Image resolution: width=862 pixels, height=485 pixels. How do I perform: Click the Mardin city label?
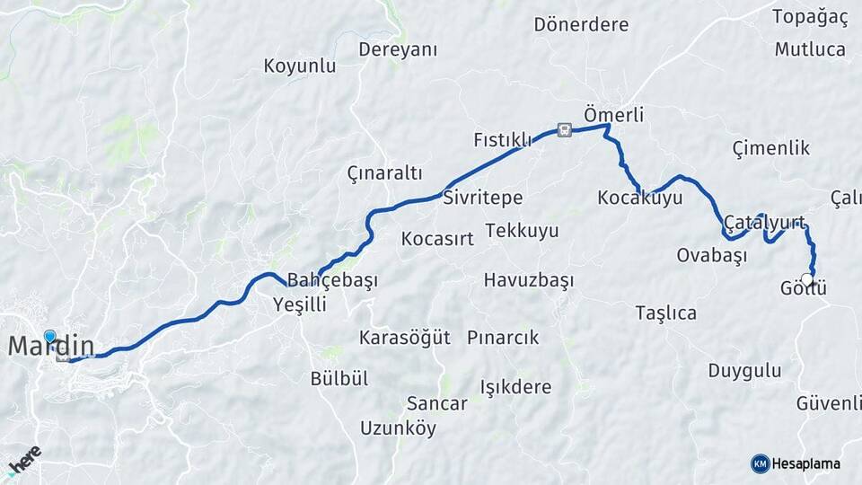click(51, 345)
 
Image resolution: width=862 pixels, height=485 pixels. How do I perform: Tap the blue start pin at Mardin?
click(49, 337)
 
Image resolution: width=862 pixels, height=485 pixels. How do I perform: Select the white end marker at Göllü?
click(807, 280)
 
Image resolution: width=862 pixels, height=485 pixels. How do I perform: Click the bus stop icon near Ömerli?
click(563, 130)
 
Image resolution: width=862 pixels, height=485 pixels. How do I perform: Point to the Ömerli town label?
click(613, 115)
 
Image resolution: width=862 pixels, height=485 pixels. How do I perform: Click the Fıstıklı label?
click(503, 139)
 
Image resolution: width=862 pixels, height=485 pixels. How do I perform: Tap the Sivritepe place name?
click(482, 198)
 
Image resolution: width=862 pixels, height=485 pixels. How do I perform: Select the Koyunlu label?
click(300, 66)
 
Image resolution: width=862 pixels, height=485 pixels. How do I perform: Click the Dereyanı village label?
click(398, 50)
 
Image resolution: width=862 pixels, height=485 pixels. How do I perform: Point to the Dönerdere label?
click(581, 24)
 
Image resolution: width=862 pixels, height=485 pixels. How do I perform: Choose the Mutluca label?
click(810, 49)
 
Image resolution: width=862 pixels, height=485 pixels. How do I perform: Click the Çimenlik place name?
click(770, 148)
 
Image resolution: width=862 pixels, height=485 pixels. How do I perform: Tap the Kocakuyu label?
click(640, 198)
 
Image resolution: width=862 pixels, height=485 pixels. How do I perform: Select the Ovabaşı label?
click(711, 255)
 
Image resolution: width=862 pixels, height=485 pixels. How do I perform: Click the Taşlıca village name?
click(665, 313)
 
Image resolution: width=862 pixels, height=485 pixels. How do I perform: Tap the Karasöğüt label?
click(404, 338)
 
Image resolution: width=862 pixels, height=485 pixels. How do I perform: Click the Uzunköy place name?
click(398, 428)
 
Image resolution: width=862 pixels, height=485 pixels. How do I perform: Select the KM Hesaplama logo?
click(796, 463)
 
